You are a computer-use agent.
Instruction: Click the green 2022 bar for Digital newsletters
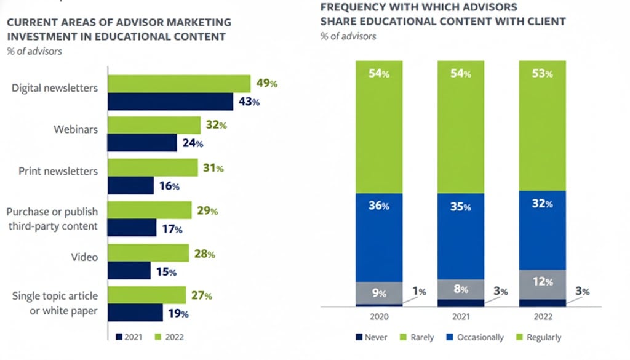pos(179,84)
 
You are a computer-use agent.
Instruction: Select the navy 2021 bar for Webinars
pos(142,143)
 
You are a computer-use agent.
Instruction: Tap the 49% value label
pos(267,83)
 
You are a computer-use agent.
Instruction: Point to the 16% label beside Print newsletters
pos(169,186)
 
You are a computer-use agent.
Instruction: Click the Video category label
pos(84,257)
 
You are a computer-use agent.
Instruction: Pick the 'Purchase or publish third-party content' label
pos(52,219)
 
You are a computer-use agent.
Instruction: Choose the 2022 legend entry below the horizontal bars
pos(169,337)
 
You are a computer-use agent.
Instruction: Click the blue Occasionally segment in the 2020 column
pos(379,238)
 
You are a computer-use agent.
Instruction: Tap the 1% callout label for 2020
pos(420,291)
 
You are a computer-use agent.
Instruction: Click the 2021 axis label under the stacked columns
pos(461,316)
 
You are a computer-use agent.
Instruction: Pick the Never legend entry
pos(371,337)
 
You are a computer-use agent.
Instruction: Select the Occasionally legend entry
pos(475,337)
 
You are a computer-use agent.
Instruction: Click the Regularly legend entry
pos(538,337)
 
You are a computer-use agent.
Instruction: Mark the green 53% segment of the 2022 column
pos(543,126)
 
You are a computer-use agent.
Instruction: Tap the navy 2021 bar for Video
pos(129,270)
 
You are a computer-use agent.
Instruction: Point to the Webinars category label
pos(76,129)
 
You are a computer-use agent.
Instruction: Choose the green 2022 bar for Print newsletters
pos(153,167)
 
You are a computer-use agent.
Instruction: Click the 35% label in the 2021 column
pos(460,207)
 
